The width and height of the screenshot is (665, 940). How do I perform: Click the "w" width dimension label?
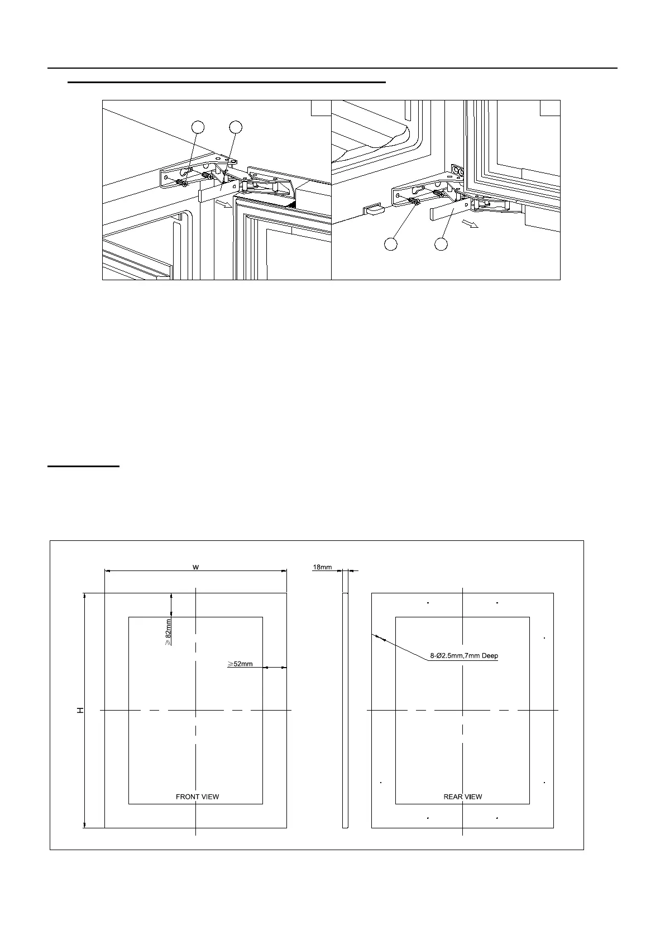195,567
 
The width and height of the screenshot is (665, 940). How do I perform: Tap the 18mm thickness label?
322,567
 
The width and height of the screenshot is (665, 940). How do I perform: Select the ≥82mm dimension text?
168,631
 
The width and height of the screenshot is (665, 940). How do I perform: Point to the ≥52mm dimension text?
240,664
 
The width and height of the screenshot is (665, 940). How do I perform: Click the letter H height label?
80,710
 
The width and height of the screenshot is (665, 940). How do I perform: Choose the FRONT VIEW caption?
197,797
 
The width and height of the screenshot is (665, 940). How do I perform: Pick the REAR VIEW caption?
462,797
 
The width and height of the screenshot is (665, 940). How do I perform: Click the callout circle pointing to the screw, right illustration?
391,244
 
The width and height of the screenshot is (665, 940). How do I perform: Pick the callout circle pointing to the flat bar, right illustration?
441,244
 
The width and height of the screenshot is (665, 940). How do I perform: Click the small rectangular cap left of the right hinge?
374,209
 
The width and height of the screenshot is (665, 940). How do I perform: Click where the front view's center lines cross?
196,710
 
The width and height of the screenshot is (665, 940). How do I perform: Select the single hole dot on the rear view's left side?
380,783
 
